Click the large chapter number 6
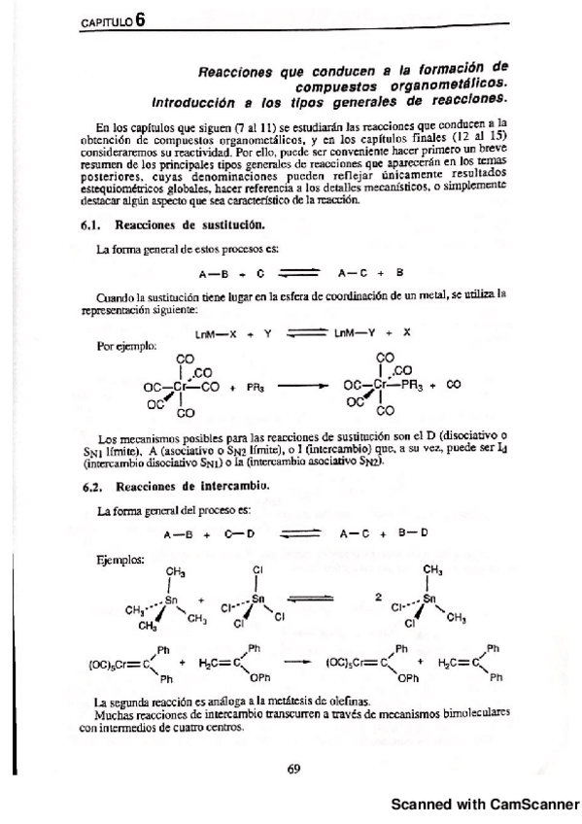coord(142,24)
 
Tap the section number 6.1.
coord(92,224)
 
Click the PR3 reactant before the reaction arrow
coord(256,384)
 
